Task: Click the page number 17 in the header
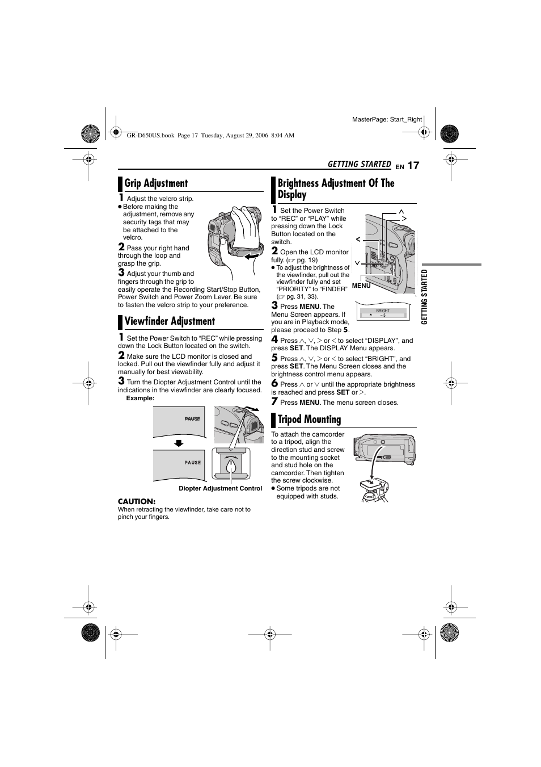click(x=413, y=165)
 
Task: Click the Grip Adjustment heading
click(x=156, y=183)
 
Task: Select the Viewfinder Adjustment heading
click(x=170, y=321)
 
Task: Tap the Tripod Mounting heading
click(x=309, y=420)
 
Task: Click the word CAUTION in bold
click(x=136, y=501)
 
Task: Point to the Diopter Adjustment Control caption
click(x=220, y=488)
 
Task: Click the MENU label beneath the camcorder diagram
click(x=361, y=286)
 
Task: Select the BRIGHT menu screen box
click(x=383, y=313)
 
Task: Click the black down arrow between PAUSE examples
click(x=179, y=443)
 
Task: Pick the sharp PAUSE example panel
click(x=179, y=464)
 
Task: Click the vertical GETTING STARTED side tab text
click(x=424, y=296)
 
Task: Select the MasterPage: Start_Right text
click(x=387, y=119)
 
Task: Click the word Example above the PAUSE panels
click(x=140, y=398)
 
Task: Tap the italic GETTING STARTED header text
click(x=359, y=164)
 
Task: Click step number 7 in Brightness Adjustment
click(x=274, y=401)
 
